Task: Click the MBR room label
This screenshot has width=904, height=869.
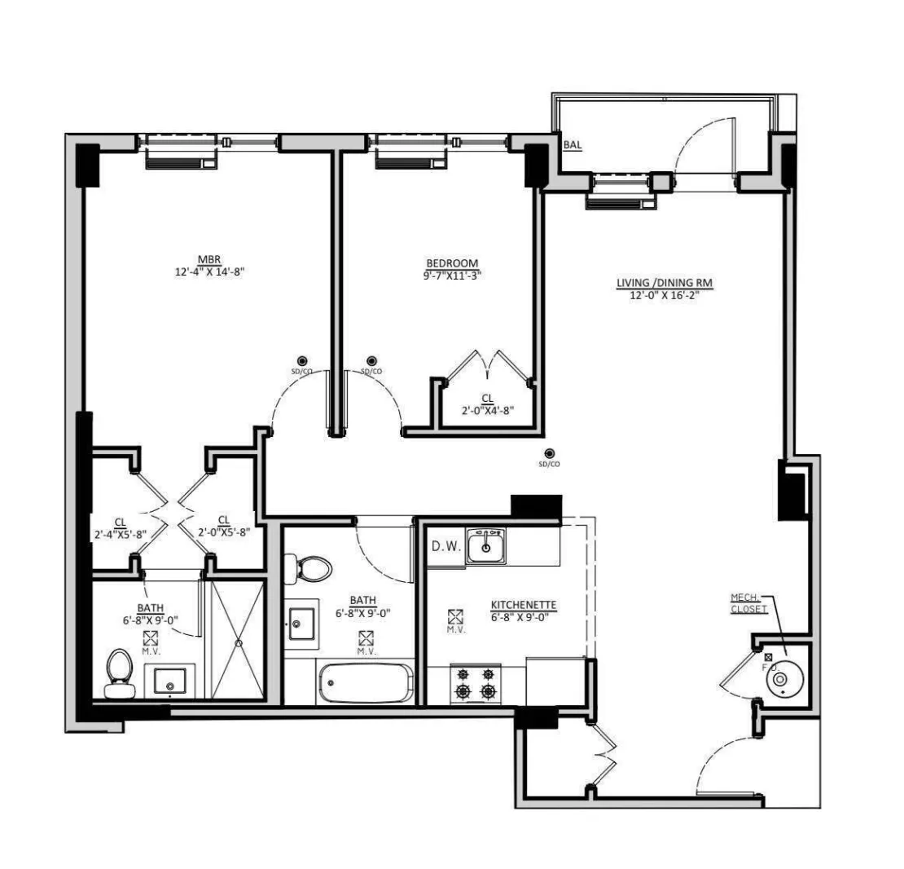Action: (x=209, y=261)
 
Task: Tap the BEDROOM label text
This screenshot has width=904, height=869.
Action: (x=452, y=263)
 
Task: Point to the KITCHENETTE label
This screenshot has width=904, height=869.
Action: (x=523, y=605)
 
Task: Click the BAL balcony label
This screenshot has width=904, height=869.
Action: (x=573, y=146)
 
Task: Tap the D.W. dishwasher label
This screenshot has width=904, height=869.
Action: (x=446, y=545)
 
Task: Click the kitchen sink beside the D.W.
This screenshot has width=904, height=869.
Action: (x=485, y=546)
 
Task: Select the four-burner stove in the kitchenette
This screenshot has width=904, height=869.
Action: (x=476, y=683)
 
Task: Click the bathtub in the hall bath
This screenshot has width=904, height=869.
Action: (x=366, y=682)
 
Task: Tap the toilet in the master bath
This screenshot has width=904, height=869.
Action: (x=121, y=674)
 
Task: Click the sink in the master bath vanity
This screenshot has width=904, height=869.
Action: (x=169, y=680)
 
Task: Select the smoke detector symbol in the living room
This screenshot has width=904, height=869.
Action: (x=550, y=454)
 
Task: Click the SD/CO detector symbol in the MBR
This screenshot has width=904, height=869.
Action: (x=302, y=361)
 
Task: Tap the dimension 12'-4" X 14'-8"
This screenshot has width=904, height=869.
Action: (x=209, y=273)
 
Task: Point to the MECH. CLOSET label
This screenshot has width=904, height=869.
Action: (x=748, y=604)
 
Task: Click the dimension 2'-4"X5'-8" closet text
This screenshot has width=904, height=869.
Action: (x=119, y=533)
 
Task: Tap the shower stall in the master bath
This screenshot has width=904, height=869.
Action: (x=238, y=640)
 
